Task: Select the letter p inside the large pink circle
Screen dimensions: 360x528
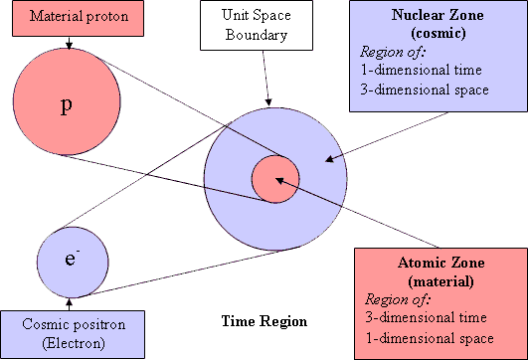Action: pyautogui.click(x=67, y=106)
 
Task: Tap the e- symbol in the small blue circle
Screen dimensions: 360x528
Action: pyautogui.click(x=71, y=260)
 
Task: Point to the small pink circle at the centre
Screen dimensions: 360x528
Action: pyautogui.click(x=274, y=180)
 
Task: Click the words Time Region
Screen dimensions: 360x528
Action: pyautogui.click(x=264, y=321)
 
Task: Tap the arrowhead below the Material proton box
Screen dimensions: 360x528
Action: pyautogui.click(x=68, y=44)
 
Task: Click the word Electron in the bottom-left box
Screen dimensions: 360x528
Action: pyautogui.click(x=71, y=343)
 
